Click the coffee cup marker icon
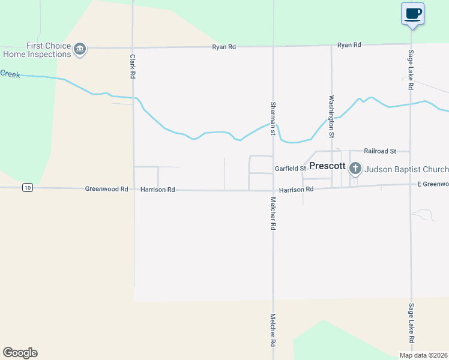[x=412, y=13]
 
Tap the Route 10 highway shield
[x=27, y=188]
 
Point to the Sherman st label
[x=273, y=118]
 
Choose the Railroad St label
[x=380, y=151]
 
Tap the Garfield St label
[x=291, y=169]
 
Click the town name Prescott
[x=327, y=166]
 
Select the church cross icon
[x=355, y=169]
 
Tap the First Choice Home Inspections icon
[x=80, y=49]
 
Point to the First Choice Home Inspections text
[x=37, y=50]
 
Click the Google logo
[x=20, y=353]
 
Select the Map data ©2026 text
[x=424, y=355]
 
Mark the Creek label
[x=10, y=73]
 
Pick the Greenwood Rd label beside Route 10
[x=106, y=189]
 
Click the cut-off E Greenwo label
[x=433, y=184]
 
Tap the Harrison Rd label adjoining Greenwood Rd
[x=157, y=190]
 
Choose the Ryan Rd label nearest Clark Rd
[x=224, y=47]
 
